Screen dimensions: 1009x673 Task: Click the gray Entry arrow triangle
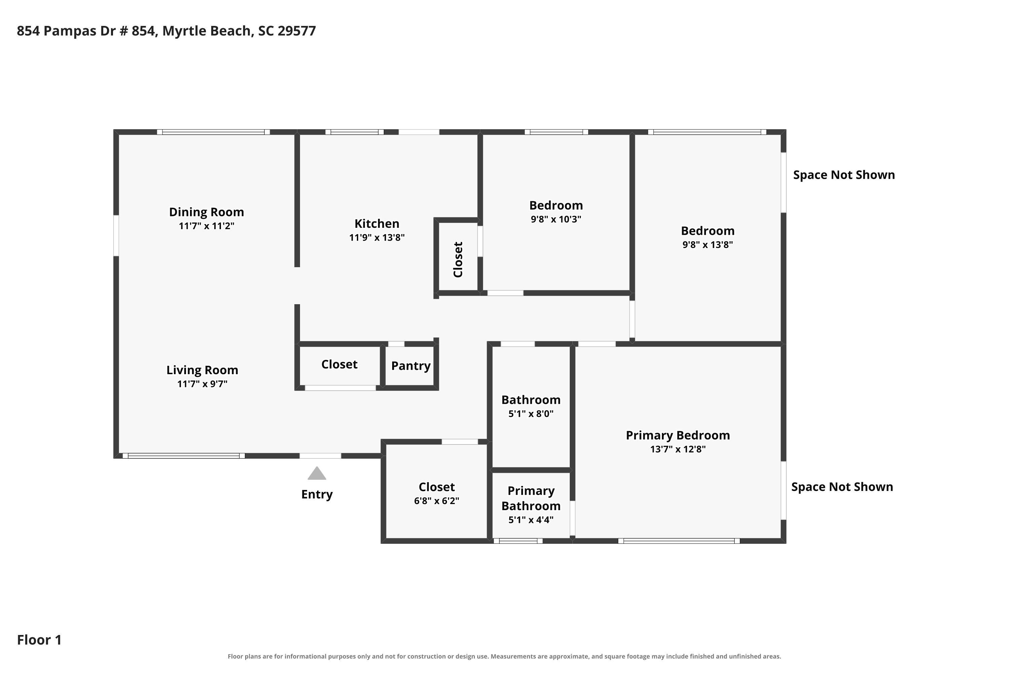click(x=317, y=473)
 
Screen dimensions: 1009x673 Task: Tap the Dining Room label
click(x=207, y=212)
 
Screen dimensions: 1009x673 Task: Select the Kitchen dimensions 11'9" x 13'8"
click(x=377, y=237)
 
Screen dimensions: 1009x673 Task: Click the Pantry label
click(x=411, y=366)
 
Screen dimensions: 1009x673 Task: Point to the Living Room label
click(x=202, y=370)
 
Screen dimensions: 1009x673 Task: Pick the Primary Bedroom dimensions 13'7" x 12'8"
click(x=678, y=449)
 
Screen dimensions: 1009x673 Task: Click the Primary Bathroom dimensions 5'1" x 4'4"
click(x=531, y=520)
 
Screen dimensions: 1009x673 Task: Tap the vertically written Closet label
click(x=458, y=260)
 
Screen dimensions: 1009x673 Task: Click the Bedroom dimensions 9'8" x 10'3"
click(x=556, y=219)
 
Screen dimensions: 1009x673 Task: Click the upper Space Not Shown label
click(x=844, y=175)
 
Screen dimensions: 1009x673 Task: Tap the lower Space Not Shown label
click(x=842, y=487)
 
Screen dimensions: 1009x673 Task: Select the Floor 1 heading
click(x=39, y=640)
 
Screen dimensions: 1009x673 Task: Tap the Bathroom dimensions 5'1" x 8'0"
click(x=531, y=414)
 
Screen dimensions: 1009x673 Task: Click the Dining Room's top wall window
click(x=213, y=132)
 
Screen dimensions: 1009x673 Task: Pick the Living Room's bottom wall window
click(x=184, y=456)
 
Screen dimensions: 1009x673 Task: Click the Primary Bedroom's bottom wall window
click(x=679, y=541)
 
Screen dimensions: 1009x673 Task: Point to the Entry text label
click(x=317, y=494)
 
